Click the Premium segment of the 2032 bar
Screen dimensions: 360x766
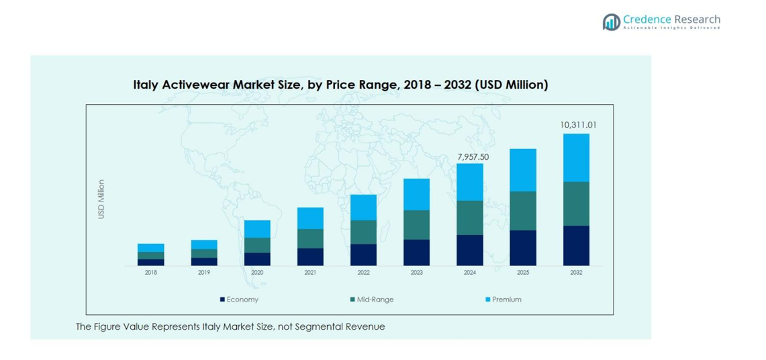[x=576, y=157]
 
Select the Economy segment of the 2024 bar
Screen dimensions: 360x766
[x=470, y=250]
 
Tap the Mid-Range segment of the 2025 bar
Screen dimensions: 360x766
[x=523, y=211]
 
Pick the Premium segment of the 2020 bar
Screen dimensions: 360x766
[x=257, y=228]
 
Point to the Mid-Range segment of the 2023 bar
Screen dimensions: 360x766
[x=416, y=224]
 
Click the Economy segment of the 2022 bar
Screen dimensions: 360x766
[x=363, y=255]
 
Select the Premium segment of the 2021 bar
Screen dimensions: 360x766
[x=310, y=218]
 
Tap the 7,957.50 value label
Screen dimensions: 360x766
[x=473, y=156]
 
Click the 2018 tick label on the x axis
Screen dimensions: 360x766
[x=151, y=273]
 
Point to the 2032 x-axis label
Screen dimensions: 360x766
[x=576, y=273]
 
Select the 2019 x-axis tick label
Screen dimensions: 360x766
[x=204, y=273]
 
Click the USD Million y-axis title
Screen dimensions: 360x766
[x=101, y=199]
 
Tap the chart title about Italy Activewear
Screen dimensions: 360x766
[x=340, y=85]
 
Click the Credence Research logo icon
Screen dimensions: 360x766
[x=611, y=21]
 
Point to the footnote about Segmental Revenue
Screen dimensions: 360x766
[x=230, y=327]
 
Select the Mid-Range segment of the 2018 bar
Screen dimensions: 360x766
[x=151, y=255]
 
